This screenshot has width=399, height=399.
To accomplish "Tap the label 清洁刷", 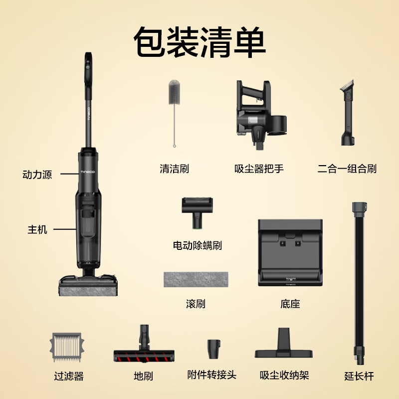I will click(x=174, y=169).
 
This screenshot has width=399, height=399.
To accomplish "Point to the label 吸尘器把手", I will click(x=259, y=169).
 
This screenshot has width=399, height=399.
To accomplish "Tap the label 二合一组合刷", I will click(x=347, y=169).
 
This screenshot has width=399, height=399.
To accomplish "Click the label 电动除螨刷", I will click(x=197, y=245).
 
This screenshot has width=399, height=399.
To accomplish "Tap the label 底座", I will click(x=290, y=304).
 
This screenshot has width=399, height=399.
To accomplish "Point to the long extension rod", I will click(x=359, y=279).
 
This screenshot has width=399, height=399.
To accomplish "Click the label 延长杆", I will click(x=359, y=376).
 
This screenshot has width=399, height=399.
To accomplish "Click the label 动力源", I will click(x=37, y=176).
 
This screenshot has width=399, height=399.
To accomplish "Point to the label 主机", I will click(x=37, y=230).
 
